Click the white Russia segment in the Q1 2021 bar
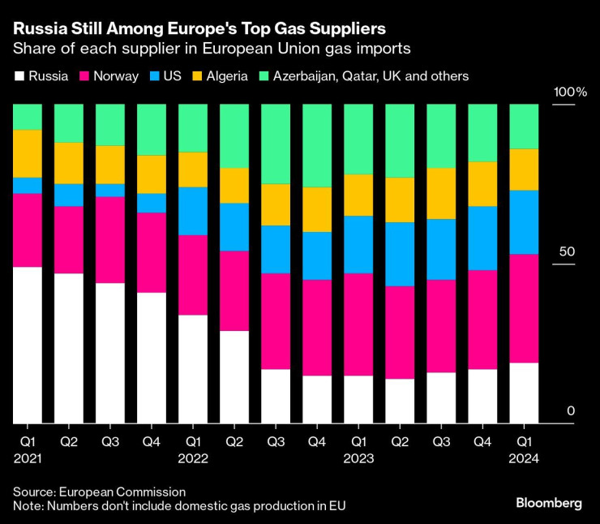(27, 345)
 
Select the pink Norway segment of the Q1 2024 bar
(523, 308)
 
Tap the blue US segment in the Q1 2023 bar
(358, 244)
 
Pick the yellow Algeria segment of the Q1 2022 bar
(192, 170)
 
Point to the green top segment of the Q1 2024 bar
(523, 127)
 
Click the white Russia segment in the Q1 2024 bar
(523, 393)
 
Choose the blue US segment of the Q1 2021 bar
(27, 185)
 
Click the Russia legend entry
(43, 76)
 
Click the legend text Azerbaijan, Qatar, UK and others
(371, 76)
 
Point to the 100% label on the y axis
(569, 92)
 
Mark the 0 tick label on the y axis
(571, 411)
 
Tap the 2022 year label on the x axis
(192, 458)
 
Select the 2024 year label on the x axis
(523, 458)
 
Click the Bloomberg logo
(549, 503)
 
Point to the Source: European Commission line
(99, 492)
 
